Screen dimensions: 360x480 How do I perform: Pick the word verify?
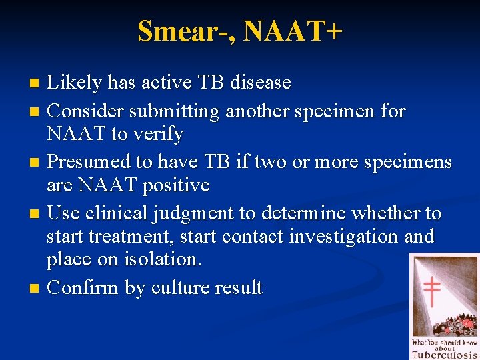tap(157, 134)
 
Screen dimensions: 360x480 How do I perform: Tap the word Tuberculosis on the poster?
tap(444, 355)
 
